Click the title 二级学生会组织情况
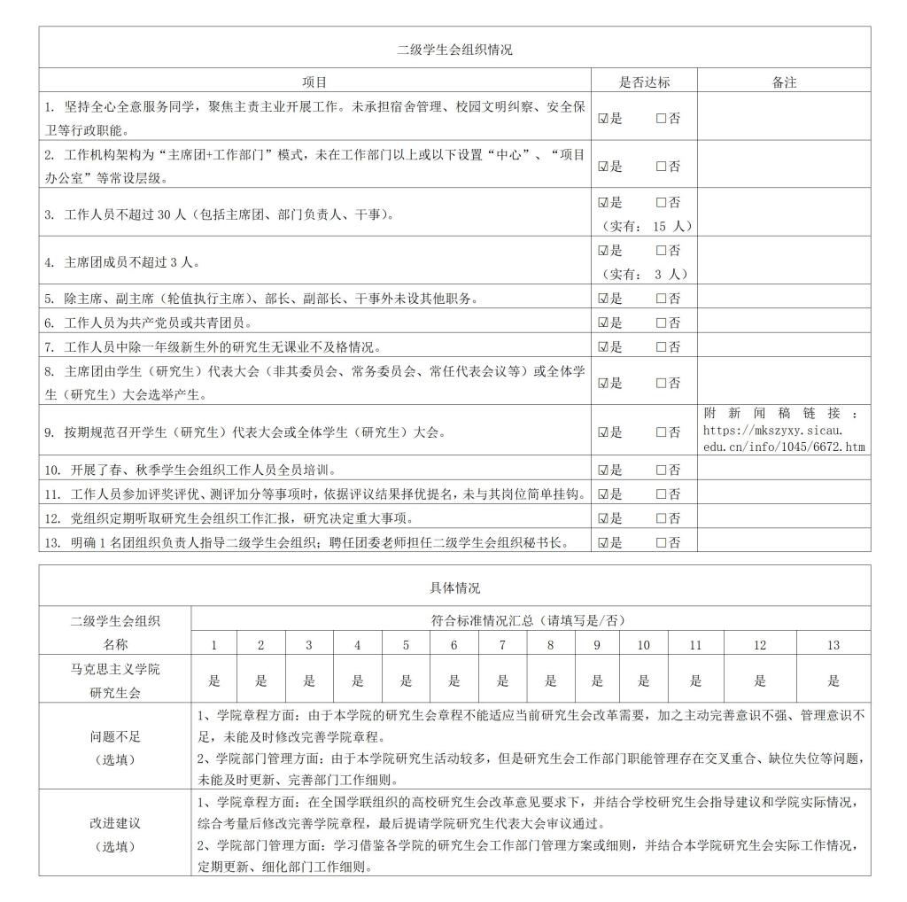click(453, 50)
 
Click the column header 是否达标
click(644, 82)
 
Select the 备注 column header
click(784, 82)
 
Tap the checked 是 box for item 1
click(603, 119)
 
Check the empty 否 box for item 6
click(661, 323)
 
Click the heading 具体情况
click(453, 587)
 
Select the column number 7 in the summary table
click(502, 645)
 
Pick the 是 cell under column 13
click(833, 680)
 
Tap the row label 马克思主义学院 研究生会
click(115, 680)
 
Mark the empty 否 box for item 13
click(661, 542)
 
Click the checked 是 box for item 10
click(603, 470)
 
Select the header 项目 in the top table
click(314, 82)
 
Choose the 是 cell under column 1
click(213, 680)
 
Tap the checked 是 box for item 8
click(603, 384)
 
